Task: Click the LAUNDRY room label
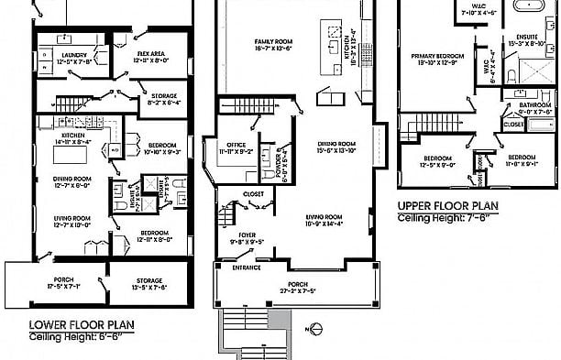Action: [71, 55]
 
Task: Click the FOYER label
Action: [247, 235]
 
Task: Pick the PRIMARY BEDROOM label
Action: [435, 56]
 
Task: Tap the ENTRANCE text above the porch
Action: [246, 267]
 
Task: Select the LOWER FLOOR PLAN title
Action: [79, 324]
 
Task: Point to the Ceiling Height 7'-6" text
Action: [442, 219]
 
